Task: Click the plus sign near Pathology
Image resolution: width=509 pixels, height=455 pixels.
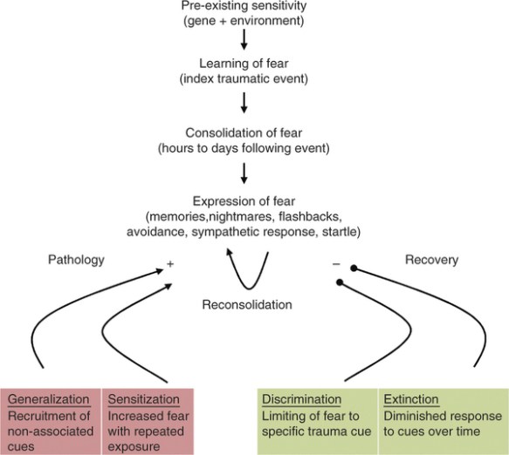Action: click(x=172, y=261)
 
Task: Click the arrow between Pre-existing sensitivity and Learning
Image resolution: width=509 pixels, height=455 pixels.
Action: click(x=245, y=43)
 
